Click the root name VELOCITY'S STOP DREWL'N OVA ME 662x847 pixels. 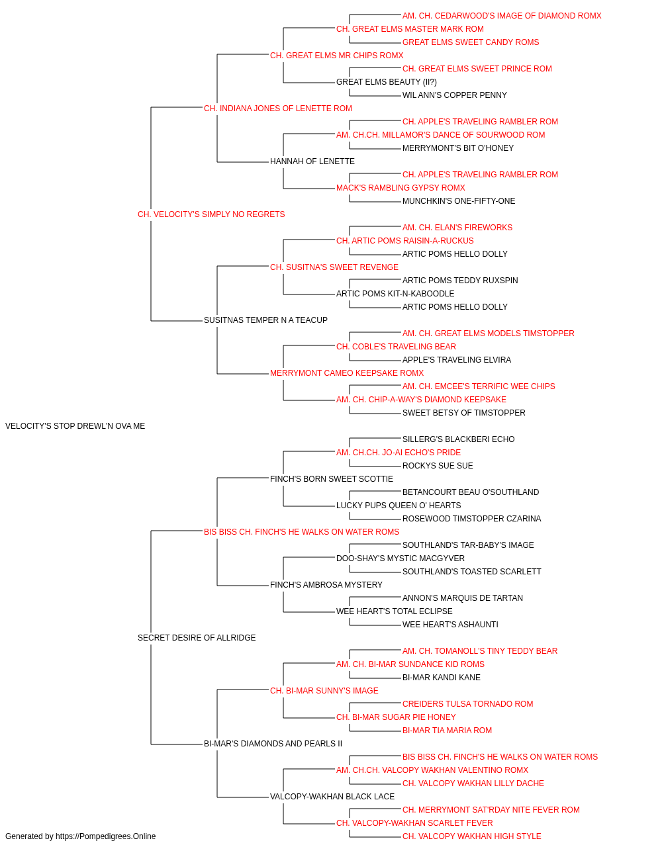click(x=75, y=426)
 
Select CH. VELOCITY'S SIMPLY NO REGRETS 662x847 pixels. click(x=211, y=214)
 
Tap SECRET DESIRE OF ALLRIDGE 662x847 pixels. click(x=197, y=638)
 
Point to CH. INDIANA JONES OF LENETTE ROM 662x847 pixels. click(x=277, y=109)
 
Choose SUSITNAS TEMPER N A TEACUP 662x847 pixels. click(x=265, y=320)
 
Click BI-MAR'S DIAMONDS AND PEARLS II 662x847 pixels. click(x=273, y=744)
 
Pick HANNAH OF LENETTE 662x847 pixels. click(x=312, y=161)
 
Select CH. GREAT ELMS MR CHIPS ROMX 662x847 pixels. click(x=336, y=56)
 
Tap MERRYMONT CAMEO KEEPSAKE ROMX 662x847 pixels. click(x=347, y=373)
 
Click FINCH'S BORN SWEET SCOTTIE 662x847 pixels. click(x=332, y=479)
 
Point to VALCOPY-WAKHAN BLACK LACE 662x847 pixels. click(x=332, y=797)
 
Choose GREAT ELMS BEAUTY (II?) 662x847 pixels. click(x=387, y=82)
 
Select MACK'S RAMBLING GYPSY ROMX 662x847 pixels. click(x=401, y=188)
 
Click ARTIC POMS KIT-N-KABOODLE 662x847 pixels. click(x=395, y=294)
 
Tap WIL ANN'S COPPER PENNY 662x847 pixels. click(x=455, y=95)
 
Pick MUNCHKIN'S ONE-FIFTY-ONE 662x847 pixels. click(x=459, y=201)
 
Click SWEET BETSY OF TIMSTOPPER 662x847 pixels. click(x=463, y=413)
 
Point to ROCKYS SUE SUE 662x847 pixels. click(x=438, y=466)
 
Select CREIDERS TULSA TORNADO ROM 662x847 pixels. click(x=467, y=704)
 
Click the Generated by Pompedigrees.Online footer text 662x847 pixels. click(x=80, y=836)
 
